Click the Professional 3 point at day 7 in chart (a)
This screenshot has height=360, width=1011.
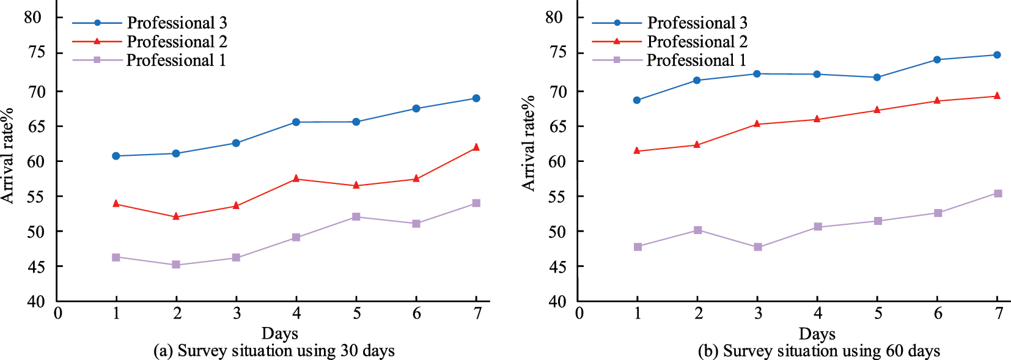click(x=476, y=98)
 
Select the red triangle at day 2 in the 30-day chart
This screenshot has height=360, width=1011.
click(x=176, y=216)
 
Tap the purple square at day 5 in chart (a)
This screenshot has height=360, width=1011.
click(x=356, y=217)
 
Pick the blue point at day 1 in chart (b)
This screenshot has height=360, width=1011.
click(x=637, y=100)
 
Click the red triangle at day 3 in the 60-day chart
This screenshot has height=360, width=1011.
click(x=757, y=123)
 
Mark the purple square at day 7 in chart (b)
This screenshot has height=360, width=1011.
click(x=998, y=193)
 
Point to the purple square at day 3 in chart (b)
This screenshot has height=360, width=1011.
click(x=758, y=247)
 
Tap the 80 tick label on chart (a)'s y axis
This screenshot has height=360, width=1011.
click(x=33, y=17)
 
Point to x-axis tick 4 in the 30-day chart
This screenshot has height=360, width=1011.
click(x=296, y=314)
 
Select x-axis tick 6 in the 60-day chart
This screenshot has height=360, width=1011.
click(x=938, y=314)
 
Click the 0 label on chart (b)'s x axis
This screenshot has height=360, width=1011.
click(x=579, y=314)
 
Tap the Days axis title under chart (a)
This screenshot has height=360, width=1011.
click(x=279, y=333)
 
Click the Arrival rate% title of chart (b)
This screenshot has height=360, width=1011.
click(x=528, y=142)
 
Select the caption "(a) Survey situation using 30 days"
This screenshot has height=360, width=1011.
click(x=274, y=351)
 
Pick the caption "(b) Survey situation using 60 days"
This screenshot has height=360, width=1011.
click(x=818, y=351)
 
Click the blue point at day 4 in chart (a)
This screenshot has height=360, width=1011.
click(x=296, y=122)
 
